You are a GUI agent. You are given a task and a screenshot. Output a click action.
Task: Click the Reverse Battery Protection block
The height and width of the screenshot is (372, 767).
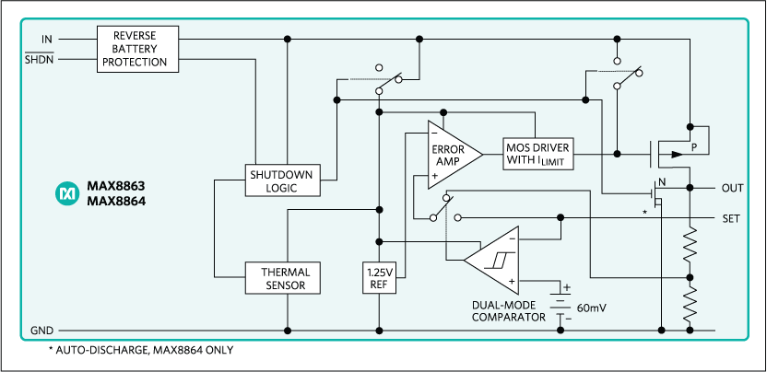[x=137, y=48]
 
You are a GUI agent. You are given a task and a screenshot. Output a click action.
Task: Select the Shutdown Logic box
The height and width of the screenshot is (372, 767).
[x=282, y=180]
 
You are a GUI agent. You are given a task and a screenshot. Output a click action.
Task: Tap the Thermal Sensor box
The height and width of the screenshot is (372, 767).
[x=282, y=278]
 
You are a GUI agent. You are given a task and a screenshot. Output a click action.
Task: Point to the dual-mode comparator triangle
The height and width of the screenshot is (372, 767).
[x=494, y=261]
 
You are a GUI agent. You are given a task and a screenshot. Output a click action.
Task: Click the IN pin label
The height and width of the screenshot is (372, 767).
[x=47, y=39]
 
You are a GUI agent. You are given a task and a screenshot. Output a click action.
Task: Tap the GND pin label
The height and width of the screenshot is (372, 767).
[x=42, y=330]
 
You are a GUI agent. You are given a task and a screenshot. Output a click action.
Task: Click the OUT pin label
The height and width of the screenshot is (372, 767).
[x=732, y=188]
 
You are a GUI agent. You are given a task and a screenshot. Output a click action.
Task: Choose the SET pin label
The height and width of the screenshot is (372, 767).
[x=732, y=218]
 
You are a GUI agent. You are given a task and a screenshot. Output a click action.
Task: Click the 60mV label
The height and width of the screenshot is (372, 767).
[x=591, y=307]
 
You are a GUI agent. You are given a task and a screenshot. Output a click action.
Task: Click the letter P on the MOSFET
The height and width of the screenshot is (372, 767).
[x=695, y=145]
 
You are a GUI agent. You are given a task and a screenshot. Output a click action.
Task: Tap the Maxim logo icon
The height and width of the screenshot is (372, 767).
[x=67, y=192]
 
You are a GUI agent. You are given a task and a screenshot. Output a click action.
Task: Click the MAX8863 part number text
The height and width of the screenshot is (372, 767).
[x=117, y=185]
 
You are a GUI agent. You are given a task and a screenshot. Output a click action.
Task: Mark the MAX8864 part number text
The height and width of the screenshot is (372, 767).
[x=117, y=200]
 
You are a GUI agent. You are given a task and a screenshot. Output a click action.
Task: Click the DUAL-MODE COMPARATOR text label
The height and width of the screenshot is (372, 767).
[x=504, y=311]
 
